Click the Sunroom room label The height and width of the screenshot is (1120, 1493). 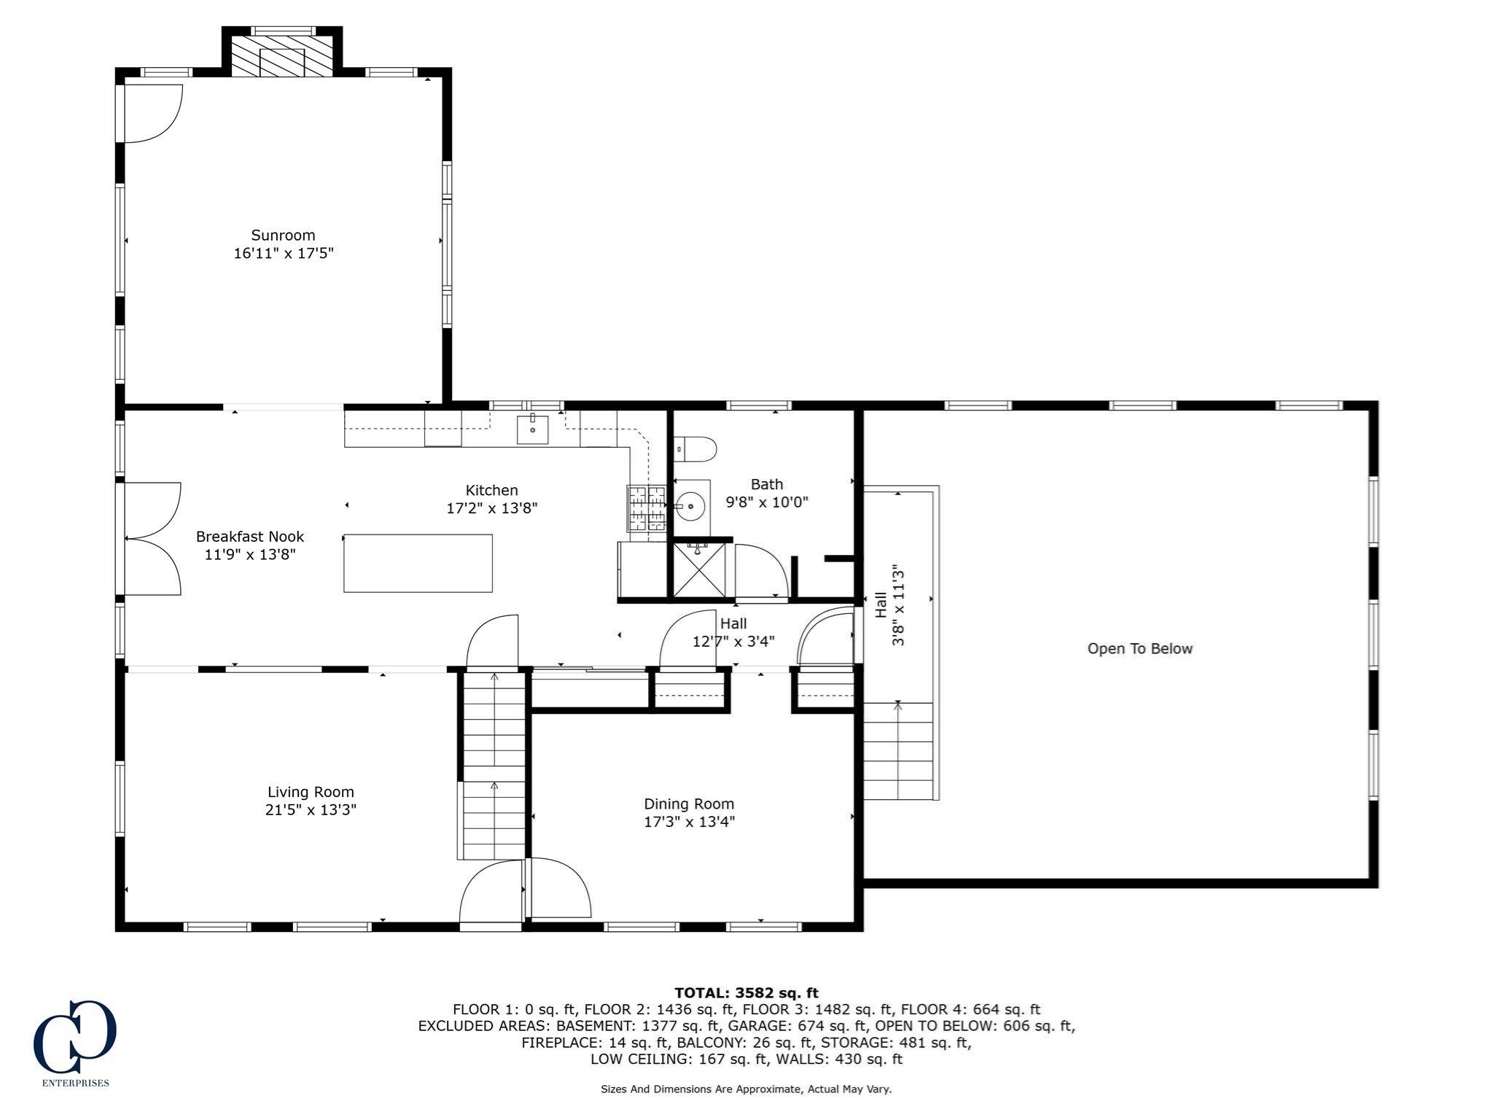pyautogui.click(x=283, y=235)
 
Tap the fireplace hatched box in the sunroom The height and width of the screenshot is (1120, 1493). pyautogui.click(x=282, y=55)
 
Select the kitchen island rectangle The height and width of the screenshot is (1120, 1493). pyautogui.click(x=418, y=563)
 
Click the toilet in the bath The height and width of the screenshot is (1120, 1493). pyautogui.click(x=697, y=448)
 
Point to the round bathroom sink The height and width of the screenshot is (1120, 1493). pyautogui.click(x=690, y=504)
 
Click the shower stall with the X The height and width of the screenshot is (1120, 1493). pyautogui.click(x=698, y=569)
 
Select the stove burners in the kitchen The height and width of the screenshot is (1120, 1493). pyautogui.click(x=646, y=507)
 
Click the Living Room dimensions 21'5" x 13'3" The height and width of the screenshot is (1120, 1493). pyautogui.click(x=311, y=809)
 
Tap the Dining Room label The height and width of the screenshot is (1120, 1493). pyautogui.click(x=688, y=804)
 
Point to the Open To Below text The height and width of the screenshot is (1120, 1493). pyautogui.click(x=1139, y=648)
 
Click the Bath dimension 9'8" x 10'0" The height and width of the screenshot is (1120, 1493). pyautogui.click(x=767, y=502)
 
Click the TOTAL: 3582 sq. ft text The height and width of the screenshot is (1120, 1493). pyautogui.click(x=746, y=992)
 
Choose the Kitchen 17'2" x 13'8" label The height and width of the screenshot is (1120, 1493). pyautogui.click(x=491, y=499)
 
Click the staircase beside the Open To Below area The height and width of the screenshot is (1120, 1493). pyautogui.click(x=898, y=751)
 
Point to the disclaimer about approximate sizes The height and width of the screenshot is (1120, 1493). pyautogui.click(x=746, y=1089)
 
